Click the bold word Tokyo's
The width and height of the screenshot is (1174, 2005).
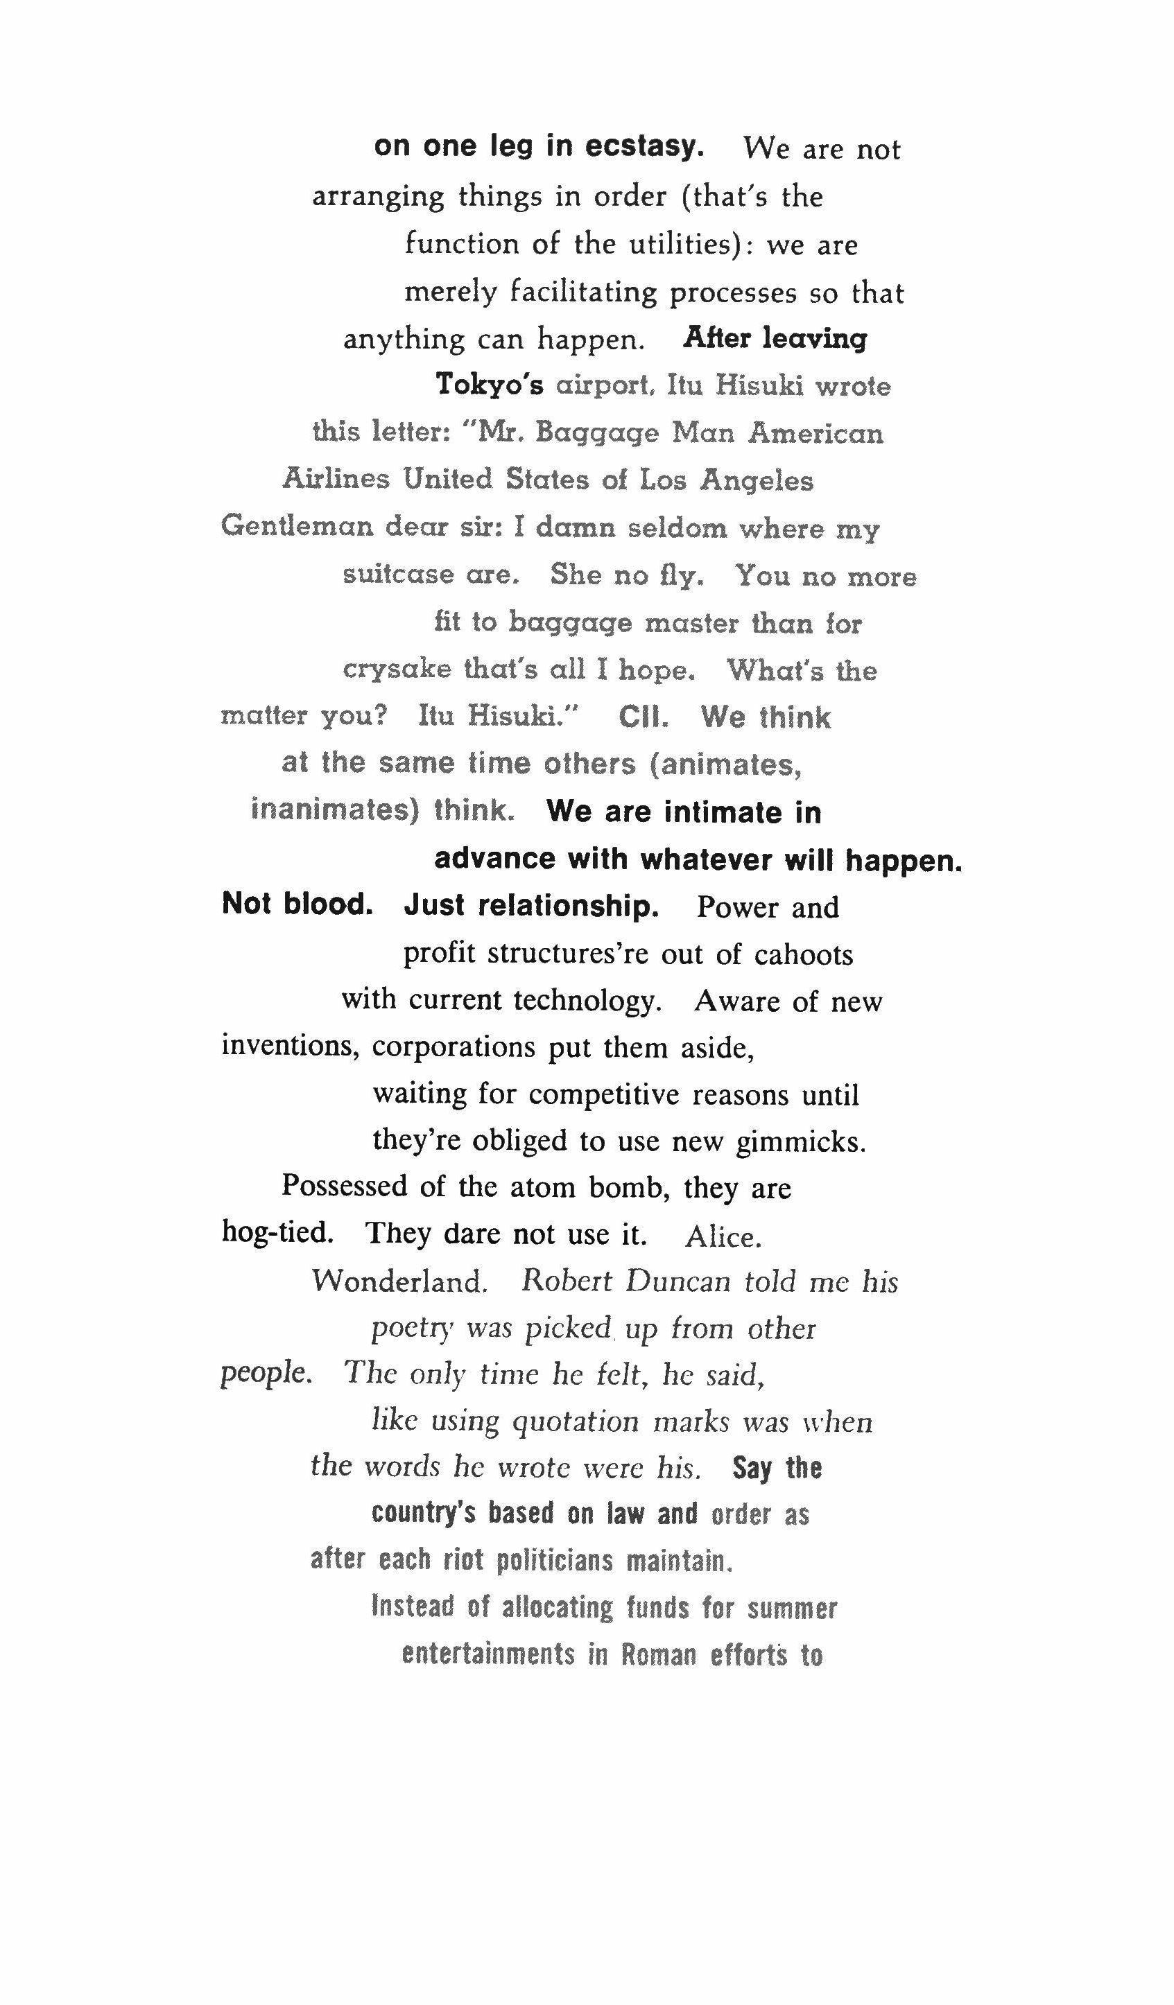coord(490,385)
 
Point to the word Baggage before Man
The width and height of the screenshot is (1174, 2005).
coord(597,433)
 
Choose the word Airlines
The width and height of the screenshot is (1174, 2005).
coord(337,479)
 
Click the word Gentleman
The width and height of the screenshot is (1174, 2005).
coord(297,526)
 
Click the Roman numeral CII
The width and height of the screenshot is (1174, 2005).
coord(643,717)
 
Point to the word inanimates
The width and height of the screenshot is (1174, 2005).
coord(335,810)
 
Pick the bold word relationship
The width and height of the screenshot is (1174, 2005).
coord(531,905)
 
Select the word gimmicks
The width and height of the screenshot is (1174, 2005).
coord(800,1141)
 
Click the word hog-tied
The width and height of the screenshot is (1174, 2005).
coord(277,1232)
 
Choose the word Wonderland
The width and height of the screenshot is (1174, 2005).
coord(399,1281)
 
